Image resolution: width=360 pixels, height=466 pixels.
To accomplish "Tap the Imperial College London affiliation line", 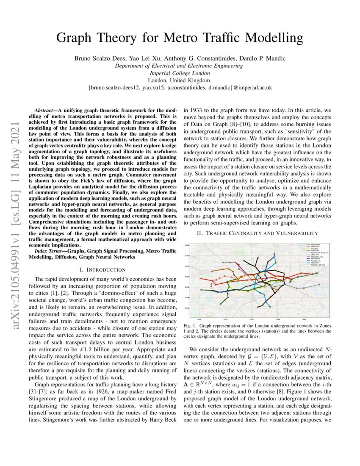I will (180, 73).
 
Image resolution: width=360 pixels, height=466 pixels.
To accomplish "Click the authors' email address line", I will (180, 87).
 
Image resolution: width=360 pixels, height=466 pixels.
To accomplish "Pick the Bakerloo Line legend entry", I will (313, 245).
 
